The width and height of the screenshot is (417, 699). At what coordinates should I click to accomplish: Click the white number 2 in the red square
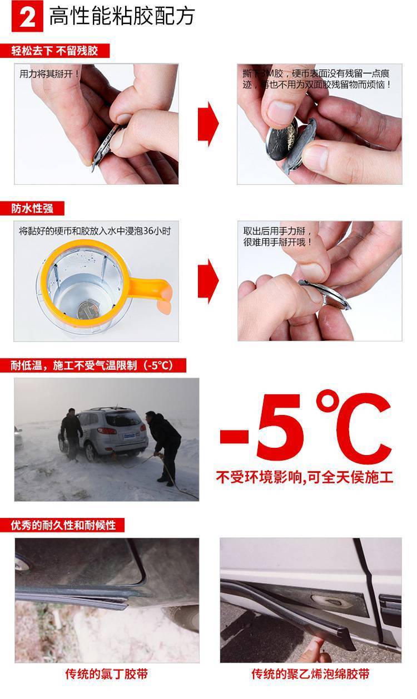(x=27, y=17)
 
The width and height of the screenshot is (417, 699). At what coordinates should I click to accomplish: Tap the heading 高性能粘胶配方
(x=122, y=16)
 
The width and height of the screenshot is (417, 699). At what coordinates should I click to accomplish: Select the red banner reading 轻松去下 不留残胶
(x=55, y=51)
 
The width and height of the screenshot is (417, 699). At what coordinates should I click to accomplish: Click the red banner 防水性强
(x=32, y=208)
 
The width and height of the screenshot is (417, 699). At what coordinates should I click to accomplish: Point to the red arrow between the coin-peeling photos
(x=208, y=124)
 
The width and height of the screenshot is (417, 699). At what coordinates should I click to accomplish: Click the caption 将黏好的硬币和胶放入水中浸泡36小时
(x=95, y=231)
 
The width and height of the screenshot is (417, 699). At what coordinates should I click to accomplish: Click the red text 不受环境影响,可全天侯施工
(x=304, y=477)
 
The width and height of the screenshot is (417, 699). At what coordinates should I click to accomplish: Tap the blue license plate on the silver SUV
(x=129, y=436)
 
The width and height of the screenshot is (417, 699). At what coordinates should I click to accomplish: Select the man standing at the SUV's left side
(x=71, y=433)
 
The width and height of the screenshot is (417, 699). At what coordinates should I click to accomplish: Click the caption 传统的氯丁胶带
(x=107, y=674)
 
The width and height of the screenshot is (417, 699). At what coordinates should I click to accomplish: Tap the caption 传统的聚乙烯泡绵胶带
(x=310, y=674)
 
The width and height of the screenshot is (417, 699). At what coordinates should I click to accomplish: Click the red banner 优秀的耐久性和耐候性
(x=62, y=525)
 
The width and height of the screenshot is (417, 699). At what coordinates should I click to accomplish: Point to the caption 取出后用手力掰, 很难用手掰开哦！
(x=278, y=237)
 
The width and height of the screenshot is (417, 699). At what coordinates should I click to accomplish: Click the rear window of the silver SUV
(x=124, y=418)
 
